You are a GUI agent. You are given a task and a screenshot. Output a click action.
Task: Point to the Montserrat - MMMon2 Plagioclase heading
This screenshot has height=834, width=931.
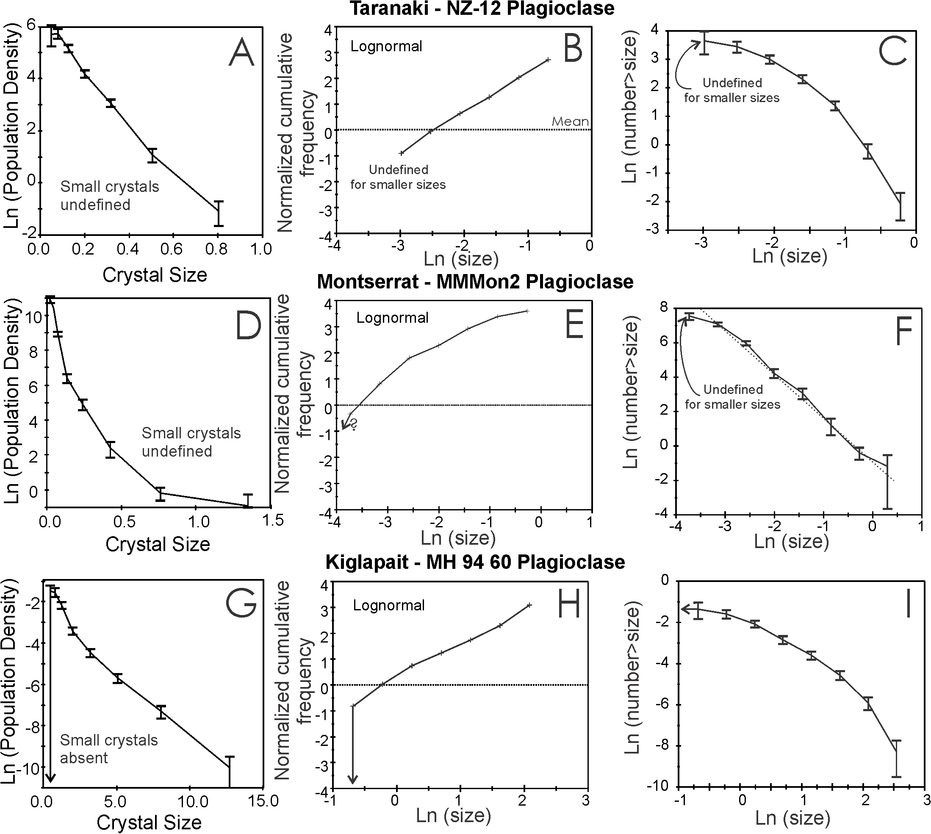(475, 281)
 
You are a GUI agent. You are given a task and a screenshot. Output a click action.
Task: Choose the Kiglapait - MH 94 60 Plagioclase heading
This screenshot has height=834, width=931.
(475, 562)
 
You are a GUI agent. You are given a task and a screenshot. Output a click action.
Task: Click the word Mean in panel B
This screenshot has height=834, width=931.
(570, 122)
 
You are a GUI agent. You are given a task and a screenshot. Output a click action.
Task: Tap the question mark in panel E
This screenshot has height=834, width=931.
(354, 426)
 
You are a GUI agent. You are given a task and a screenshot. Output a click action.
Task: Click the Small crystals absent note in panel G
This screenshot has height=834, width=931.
(108, 749)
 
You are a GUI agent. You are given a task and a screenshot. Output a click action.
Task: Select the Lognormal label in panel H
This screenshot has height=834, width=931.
(388, 605)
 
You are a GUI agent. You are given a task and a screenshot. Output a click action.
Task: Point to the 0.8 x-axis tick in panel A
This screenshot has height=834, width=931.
(216, 249)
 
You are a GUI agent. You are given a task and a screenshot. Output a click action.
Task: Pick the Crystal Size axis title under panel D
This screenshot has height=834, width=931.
(158, 544)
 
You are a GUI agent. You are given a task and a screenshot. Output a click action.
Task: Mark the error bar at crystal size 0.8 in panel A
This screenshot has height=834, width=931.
(219, 213)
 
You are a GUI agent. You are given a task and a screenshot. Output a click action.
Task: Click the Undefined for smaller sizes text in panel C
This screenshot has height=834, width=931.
(731, 90)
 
